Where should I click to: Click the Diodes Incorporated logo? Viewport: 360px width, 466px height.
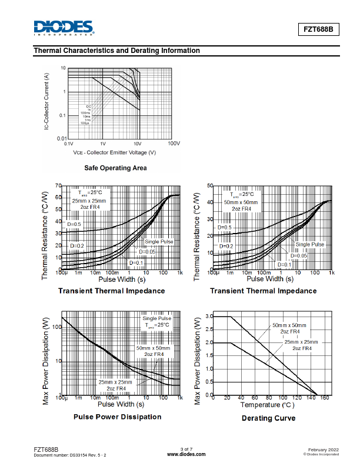coord(64,28)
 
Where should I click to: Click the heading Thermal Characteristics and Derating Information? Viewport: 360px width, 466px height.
coord(117,51)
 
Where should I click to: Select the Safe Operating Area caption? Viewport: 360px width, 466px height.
coord(115,168)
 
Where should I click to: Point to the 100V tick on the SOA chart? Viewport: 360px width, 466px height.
coord(174,144)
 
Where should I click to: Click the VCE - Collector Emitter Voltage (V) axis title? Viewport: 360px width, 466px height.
coord(115,152)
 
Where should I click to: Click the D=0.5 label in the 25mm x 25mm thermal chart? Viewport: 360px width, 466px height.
coord(74,225)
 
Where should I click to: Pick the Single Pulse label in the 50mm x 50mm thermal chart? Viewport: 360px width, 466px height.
coord(310,244)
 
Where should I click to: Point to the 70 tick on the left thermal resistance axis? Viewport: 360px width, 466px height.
coord(58,186)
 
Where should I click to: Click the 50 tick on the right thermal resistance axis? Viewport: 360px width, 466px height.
coord(210,186)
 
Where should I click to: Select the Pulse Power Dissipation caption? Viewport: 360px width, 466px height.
coord(117,417)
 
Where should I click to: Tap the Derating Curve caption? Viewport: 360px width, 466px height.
coord(268,418)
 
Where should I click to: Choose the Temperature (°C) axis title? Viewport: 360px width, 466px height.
coord(267,405)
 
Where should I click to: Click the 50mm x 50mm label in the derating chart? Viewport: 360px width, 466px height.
coord(289,325)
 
